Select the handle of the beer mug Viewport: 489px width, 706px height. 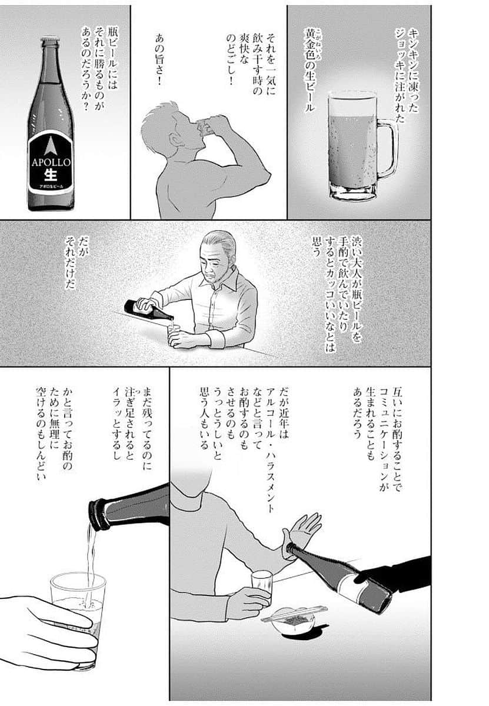[x=387, y=147]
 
